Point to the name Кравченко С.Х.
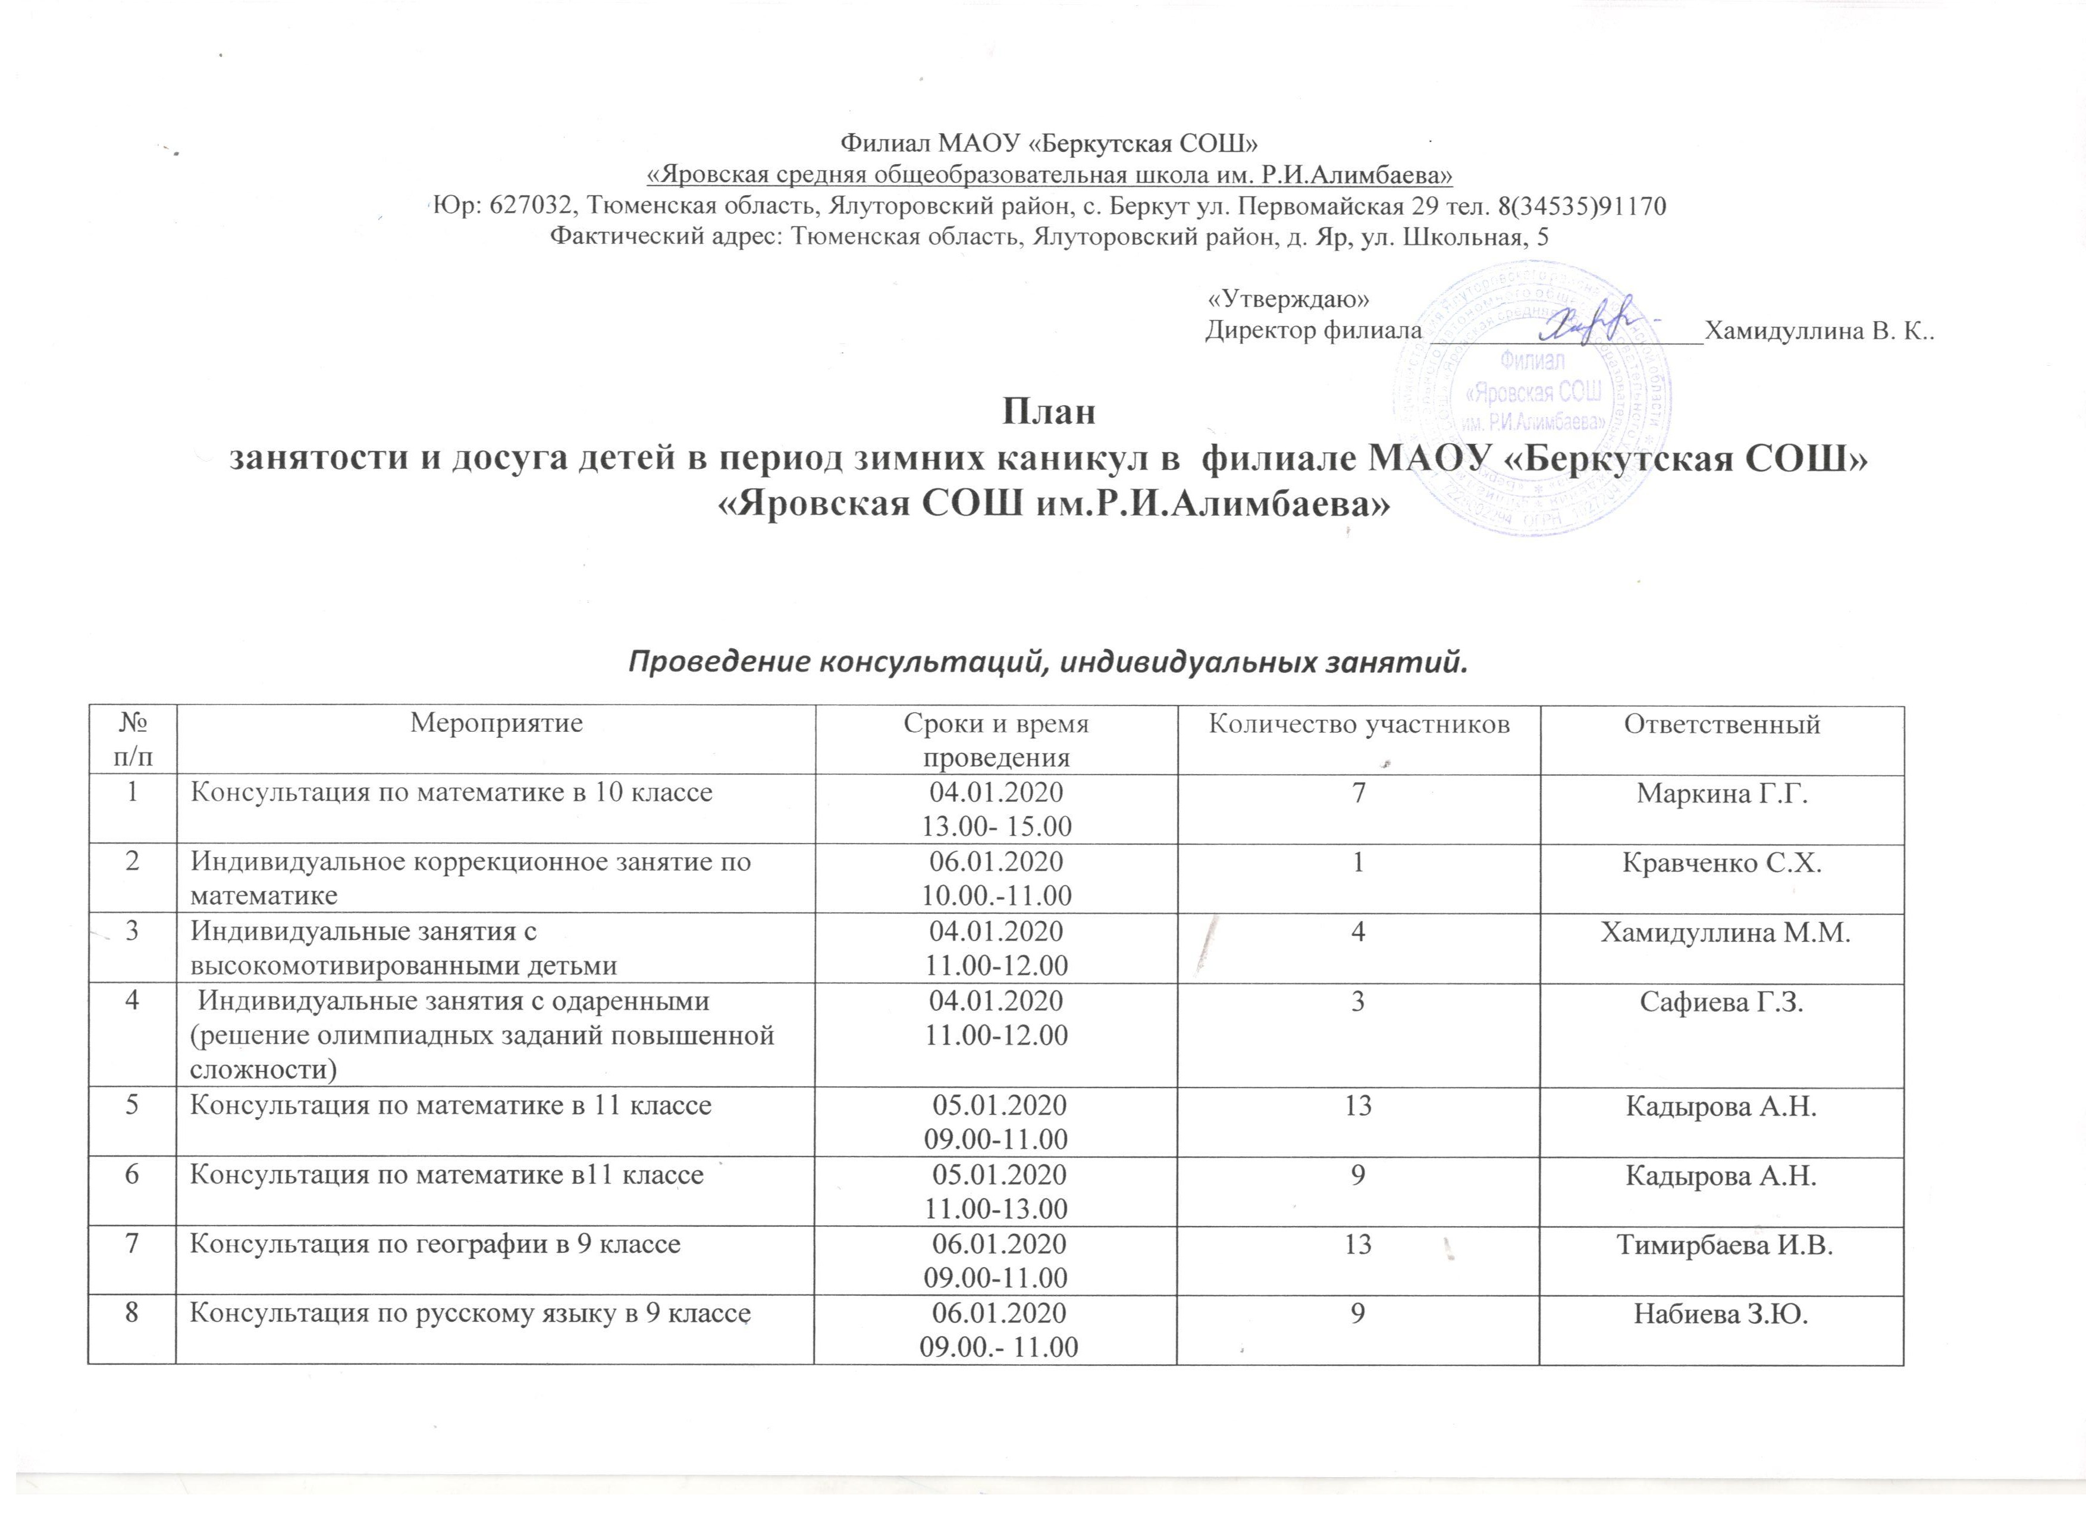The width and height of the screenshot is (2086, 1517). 1722,863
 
